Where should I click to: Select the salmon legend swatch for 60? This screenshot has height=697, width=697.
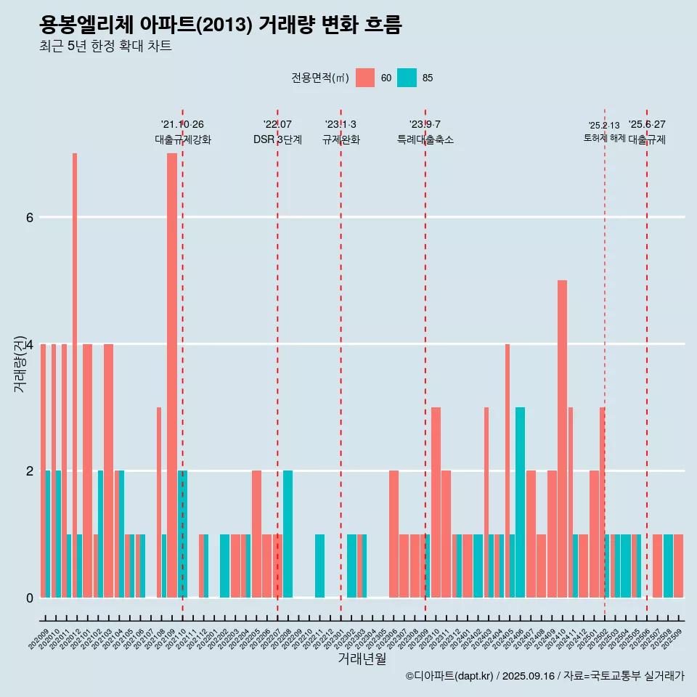click(365, 78)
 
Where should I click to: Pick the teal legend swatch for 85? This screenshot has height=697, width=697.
click(407, 78)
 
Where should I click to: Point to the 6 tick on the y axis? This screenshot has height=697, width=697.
click(29, 217)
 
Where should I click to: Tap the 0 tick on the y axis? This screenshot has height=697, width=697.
click(29, 598)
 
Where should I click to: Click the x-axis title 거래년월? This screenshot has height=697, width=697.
click(362, 659)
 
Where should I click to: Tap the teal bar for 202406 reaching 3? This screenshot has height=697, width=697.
click(520, 502)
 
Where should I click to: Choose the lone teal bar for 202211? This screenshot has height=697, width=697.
click(319, 566)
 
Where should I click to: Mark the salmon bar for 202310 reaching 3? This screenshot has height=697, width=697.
click(436, 502)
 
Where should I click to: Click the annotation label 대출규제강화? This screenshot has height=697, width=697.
click(182, 139)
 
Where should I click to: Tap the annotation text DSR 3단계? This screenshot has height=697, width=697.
click(277, 139)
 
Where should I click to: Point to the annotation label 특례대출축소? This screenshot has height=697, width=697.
click(425, 139)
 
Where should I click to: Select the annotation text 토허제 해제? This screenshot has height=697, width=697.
click(604, 138)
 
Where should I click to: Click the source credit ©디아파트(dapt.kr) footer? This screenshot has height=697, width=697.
click(545, 676)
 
